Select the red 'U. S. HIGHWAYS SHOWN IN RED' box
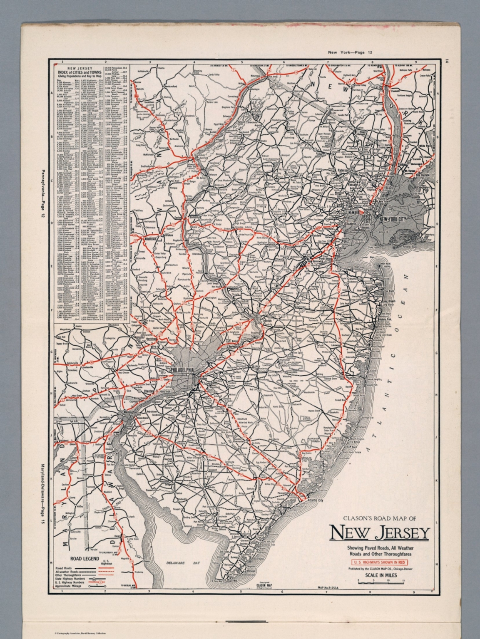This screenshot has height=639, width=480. click(380, 561)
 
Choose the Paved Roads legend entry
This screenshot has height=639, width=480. click(65, 567)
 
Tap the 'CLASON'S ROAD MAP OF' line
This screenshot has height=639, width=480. click(379, 518)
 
